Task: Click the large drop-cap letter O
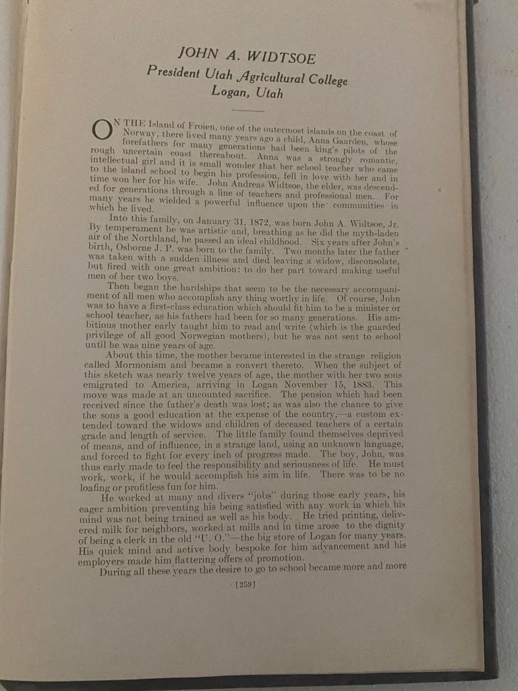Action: click(x=101, y=130)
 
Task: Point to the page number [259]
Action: click(x=243, y=584)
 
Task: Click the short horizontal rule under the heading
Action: click(x=248, y=109)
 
